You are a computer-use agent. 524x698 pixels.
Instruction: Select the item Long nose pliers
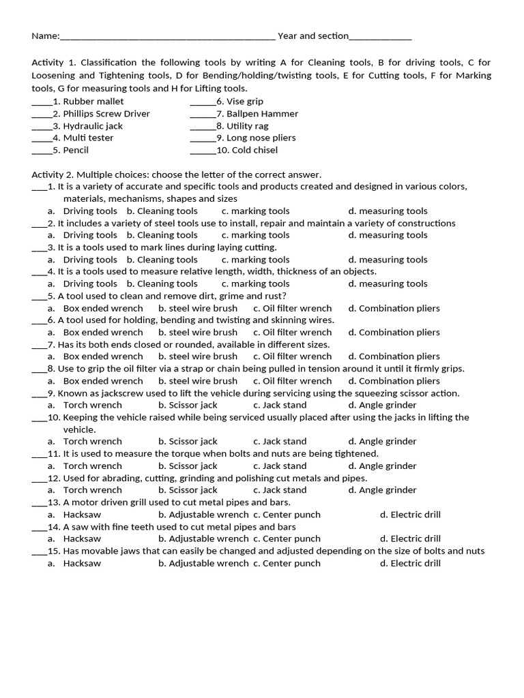click(x=261, y=138)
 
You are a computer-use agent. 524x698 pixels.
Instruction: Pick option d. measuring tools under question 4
click(x=388, y=284)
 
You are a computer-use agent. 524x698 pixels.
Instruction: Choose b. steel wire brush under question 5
click(x=198, y=308)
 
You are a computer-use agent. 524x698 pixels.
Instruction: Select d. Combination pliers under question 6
click(x=394, y=333)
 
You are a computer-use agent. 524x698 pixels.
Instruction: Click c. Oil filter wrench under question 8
click(x=292, y=381)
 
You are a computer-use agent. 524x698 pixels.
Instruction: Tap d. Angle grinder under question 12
click(x=382, y=490)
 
